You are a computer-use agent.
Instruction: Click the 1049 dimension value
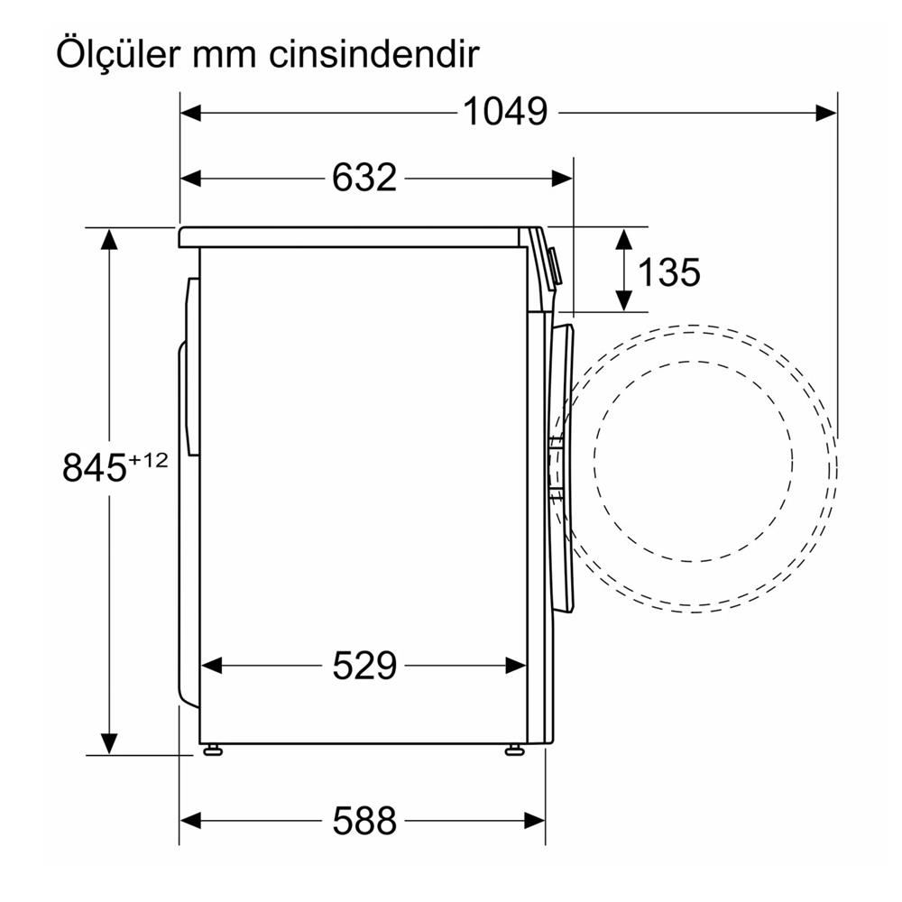505,112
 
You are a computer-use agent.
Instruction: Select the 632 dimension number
364,178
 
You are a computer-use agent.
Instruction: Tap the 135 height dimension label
668,271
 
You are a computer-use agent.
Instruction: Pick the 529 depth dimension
364,666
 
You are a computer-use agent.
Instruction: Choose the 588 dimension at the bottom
364,821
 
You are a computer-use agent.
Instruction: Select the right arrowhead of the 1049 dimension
828,112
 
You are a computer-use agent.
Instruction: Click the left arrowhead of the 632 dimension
190,178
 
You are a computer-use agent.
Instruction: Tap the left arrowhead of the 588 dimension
190,821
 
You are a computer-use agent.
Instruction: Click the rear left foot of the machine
213,750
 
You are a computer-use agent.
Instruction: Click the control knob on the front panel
555,267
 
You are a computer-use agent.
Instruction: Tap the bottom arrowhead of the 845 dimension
109,743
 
